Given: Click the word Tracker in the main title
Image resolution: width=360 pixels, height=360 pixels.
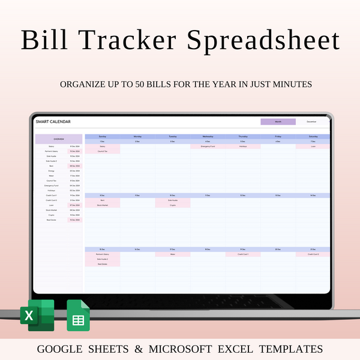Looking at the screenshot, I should (141, 40).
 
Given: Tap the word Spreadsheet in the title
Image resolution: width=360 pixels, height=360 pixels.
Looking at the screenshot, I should (264, 40).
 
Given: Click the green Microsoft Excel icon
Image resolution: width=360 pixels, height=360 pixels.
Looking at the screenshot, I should (37, 316).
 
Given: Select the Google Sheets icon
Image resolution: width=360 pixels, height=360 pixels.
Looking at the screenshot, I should (78, 316).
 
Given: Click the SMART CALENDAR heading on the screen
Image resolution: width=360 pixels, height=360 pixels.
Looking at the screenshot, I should (53, 122).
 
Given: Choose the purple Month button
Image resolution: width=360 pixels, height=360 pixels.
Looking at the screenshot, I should (278, 122).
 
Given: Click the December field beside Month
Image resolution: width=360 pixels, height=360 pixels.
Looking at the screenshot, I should (311, 122).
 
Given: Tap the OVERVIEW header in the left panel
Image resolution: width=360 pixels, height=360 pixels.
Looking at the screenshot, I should (59, 139).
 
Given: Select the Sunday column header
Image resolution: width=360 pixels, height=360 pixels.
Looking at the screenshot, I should (103, 136).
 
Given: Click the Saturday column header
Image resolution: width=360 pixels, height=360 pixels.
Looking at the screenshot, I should (312, 136).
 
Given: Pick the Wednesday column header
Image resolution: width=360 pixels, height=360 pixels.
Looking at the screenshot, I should (208, 136).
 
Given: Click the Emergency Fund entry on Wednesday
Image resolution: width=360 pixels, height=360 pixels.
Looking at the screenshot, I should (208, 146).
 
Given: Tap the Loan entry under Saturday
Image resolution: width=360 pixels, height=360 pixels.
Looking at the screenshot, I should (312, 146).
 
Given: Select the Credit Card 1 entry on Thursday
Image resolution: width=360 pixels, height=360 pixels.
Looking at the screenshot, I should (242, 254).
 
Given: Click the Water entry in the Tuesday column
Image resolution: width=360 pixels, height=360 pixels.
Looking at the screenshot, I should (172, 254).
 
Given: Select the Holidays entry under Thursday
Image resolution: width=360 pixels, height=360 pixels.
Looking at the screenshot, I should (242, 146).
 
